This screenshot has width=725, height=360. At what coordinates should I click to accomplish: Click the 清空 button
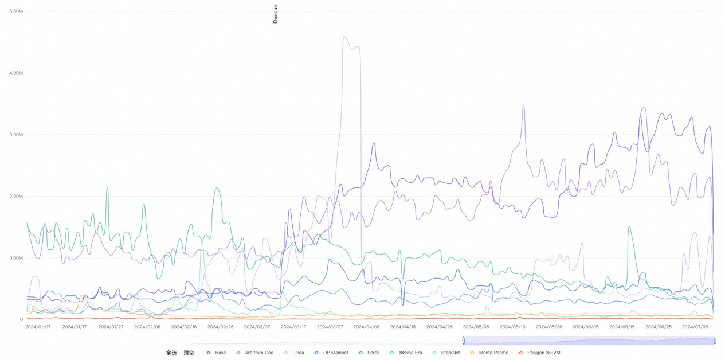click(189, 353)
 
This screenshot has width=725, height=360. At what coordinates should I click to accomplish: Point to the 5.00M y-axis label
click(16, 11)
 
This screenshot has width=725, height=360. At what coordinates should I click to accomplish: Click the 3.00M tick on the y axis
click(16, 135)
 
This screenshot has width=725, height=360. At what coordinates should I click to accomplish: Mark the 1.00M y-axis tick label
click(16, 258)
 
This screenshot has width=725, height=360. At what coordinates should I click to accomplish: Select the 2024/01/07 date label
click(38, 327)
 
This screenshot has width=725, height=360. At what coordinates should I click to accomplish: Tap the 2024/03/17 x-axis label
click(293, 327)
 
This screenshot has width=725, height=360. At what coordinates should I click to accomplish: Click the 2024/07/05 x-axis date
click(695, 327)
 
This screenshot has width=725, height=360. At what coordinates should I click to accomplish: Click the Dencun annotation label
click(275, 13)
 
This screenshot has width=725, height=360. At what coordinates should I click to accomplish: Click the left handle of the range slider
click(464, 341)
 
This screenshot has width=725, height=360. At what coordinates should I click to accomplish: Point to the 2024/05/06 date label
click(476, 327)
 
